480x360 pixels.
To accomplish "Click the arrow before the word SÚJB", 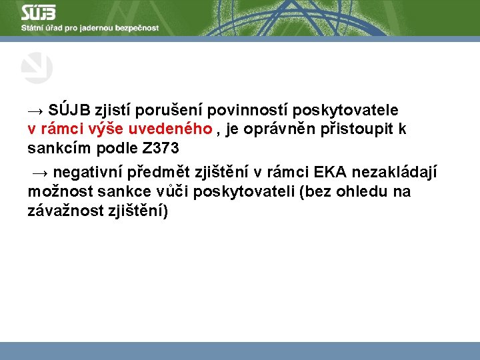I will (x=37, y=110).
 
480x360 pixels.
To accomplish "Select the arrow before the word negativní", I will (x=40, y=174).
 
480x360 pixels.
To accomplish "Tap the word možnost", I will (x=57, y=192).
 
